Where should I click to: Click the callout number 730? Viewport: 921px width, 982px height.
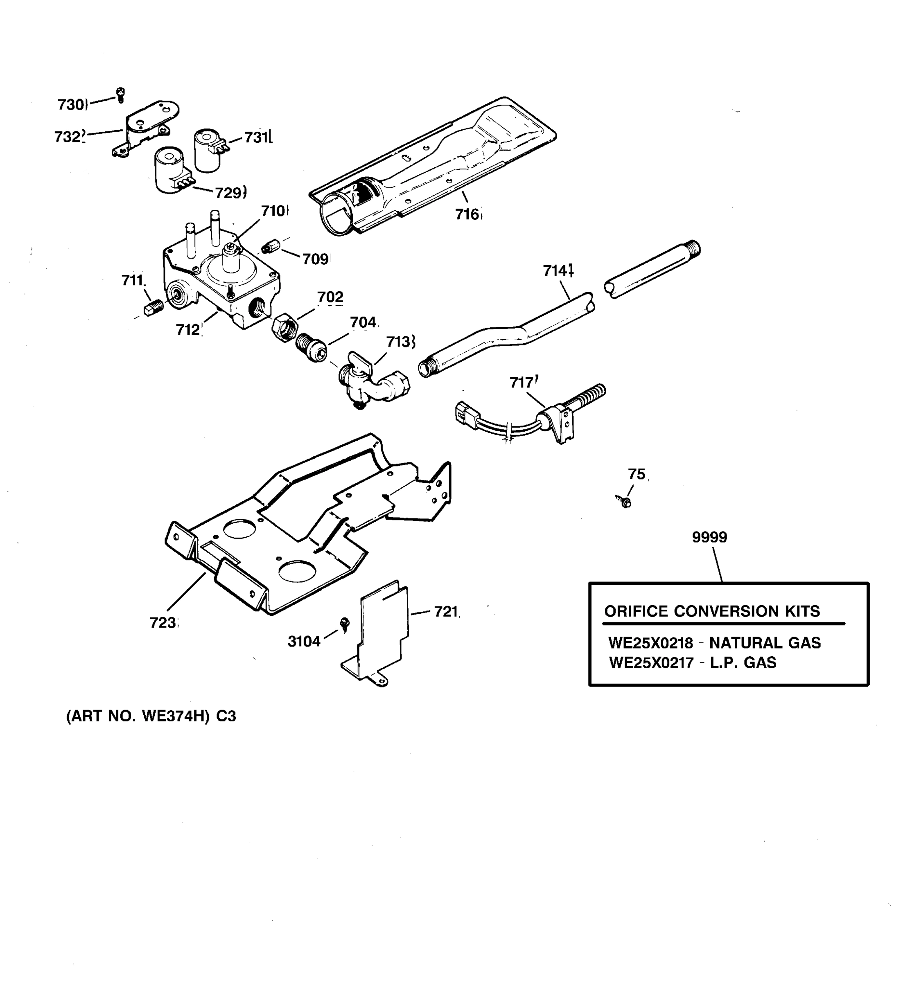[x=71, y=105]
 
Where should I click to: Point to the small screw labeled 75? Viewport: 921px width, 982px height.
[x=625, y=502]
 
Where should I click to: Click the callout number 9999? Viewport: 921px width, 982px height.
[x=709, y=537]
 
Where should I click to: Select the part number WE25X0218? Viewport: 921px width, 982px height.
[x=651, y=643]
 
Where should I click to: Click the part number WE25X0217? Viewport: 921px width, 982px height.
[x=651, y=662]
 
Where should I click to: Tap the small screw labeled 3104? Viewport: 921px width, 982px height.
[x=345, y=624]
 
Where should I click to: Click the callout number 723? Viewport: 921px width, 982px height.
[x=163, y=623]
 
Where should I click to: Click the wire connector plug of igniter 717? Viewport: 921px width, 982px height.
[x=465, y=413]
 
